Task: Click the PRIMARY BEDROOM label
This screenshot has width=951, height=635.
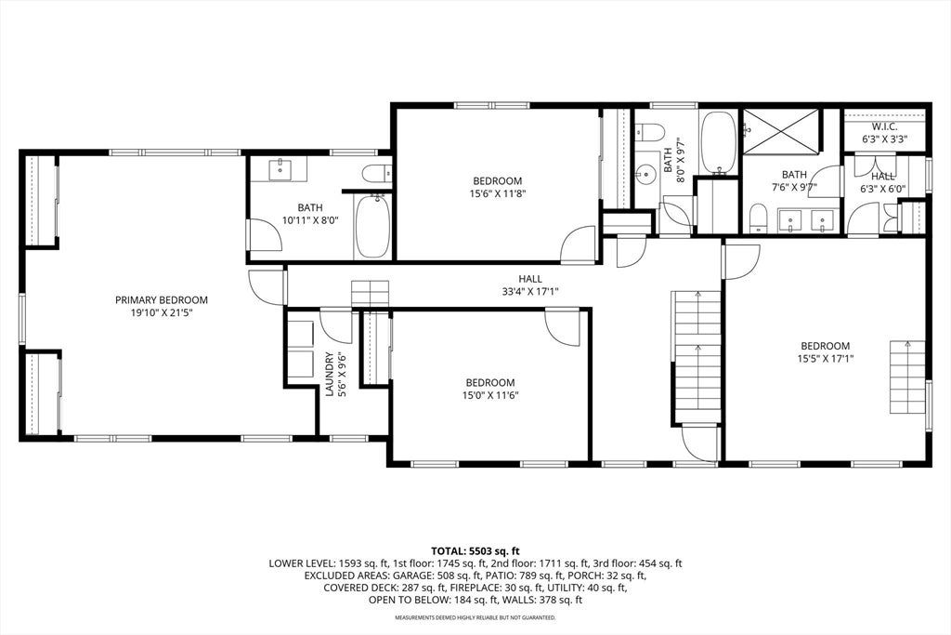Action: pos(162,300)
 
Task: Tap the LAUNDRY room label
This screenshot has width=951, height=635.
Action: pos(330,374)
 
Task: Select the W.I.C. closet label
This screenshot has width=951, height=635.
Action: pos(884,126)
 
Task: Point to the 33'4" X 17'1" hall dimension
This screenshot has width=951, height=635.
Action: pos(529,291)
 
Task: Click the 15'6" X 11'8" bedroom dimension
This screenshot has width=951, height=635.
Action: pos(498,193)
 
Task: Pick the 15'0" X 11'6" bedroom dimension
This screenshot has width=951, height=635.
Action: pos(490,395)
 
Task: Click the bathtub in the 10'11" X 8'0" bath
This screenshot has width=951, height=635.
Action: pos(373,226)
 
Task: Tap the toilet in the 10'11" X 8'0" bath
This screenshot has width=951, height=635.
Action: pos(377,174)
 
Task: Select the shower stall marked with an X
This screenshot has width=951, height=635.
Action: pos(781,130)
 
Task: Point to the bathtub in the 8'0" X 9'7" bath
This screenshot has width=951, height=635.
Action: pos(719,142)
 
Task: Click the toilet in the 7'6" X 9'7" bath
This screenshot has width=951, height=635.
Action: pos(758,218)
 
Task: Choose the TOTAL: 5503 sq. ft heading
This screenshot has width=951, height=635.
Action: pos(475,551)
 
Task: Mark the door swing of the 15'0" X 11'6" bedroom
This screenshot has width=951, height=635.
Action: pos(563,328)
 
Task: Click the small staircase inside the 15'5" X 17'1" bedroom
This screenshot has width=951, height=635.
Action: pos(908,377)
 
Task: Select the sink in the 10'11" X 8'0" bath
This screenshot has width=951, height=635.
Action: pos(280,169)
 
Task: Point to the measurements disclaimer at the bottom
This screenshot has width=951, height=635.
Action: pos(475,618)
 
